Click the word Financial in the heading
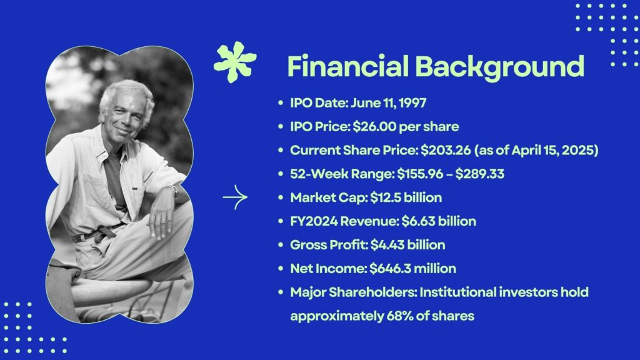[x=347, y=66]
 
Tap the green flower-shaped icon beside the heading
[x=235, y=62]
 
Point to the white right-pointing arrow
[x=235, y=197]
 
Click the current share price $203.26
[x=446, y=150]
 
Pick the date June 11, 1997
[x=388, y=103]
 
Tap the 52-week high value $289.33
[x=479, y=174]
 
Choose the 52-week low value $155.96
[x=420, y=174]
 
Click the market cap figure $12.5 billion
[x=406, y=197]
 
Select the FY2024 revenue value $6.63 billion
[x=439, y=221]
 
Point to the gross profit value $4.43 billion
[x=407, y=245]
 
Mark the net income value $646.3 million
[x=412, y=269]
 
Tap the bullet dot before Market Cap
[x=281, y=197]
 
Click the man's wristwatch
[x=174, y=190]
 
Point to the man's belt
[x=98, y=233]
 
